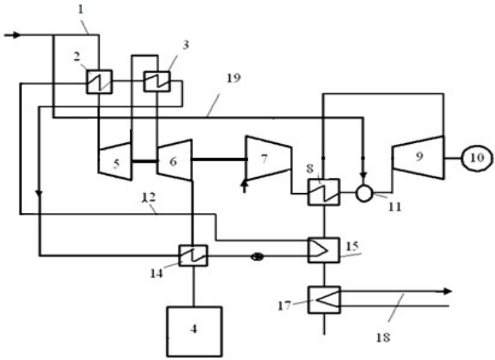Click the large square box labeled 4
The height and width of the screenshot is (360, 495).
194,331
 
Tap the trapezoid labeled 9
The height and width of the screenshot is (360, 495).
418,157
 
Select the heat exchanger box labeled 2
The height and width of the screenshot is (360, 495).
99,81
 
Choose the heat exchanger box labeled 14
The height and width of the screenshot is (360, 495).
193,255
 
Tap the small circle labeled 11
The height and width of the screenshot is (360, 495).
365,193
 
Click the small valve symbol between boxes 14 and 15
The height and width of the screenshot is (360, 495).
257,256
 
